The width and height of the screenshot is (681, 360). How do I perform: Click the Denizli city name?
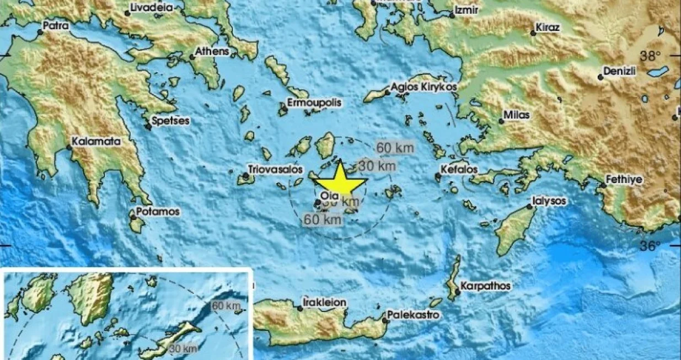click(620, 71)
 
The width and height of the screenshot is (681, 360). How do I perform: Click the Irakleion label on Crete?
click(325, 302)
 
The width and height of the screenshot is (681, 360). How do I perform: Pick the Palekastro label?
click(414, 315)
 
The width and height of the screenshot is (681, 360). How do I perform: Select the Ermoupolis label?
click(314, 103)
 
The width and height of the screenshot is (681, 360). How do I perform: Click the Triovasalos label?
click(269, 169)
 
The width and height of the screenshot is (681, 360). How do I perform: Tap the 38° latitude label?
click(650, 56)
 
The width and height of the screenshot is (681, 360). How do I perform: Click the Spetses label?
click(171, 120)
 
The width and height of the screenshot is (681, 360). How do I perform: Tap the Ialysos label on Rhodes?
click(550, 201)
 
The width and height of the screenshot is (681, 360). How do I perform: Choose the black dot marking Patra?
click(40, 32)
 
